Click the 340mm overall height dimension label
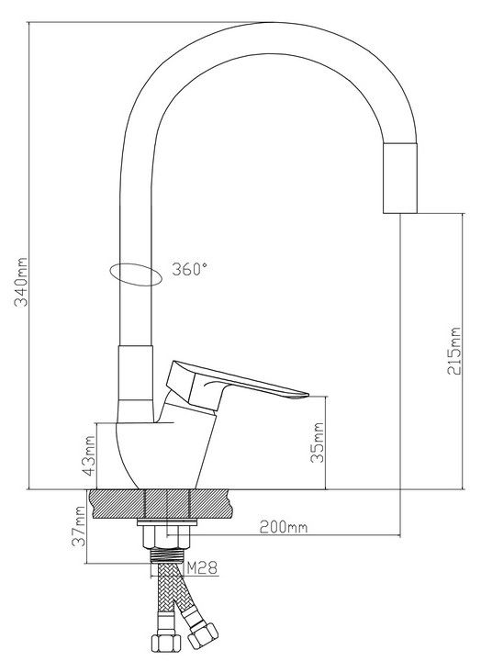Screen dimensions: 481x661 click(x=20, y=282)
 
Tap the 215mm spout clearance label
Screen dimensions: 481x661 click(x=454, y=351)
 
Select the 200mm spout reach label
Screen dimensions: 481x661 click(x=283, y=527)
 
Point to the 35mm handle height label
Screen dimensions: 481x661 click(x=317, y=443)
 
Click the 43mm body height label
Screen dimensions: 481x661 click(x=88, y=456)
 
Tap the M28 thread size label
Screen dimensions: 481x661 click(x=202, y=568)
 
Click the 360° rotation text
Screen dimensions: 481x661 click(x=189, y=269)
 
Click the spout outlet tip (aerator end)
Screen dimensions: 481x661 click(x=400, y=211)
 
